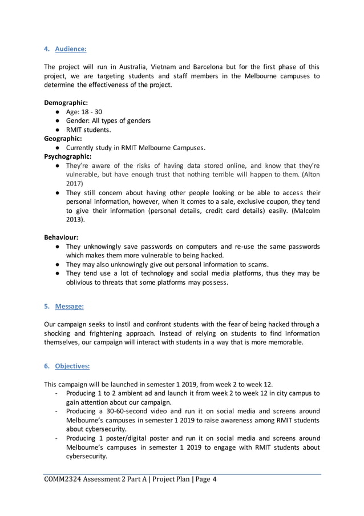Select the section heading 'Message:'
click(69, 307)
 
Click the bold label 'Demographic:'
click(66, 103)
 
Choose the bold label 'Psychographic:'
click(67, 156)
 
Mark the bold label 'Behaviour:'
click(61, 237)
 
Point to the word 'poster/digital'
click(130, 438)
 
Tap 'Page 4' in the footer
click(203, 479)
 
